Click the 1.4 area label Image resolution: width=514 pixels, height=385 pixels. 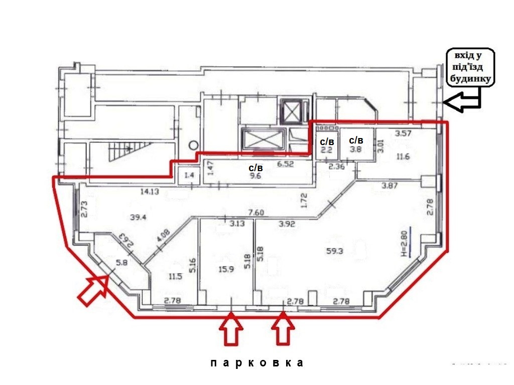click(189, 175)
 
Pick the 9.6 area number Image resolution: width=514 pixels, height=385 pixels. click(256, 177)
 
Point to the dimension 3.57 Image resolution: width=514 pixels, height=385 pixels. click(404, 134)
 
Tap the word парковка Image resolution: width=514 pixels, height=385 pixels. click(256, 362)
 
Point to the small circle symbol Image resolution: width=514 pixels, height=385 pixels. click(194, 145)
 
